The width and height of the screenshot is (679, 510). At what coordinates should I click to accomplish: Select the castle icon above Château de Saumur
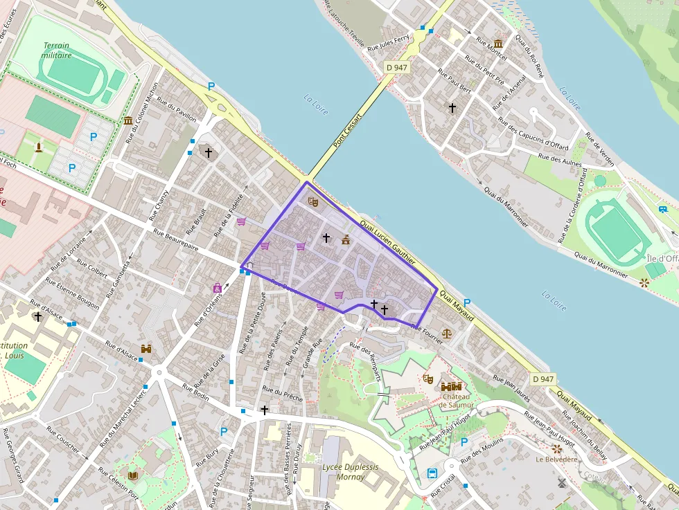pos(451,386)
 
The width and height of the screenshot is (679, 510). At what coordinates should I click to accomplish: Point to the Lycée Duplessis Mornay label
pos(350,471)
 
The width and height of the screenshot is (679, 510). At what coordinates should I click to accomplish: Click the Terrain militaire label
pos(56,51)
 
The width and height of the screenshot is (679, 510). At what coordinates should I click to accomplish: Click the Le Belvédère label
pos(556,459)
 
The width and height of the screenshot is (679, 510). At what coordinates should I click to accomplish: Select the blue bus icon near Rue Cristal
pos(432,474)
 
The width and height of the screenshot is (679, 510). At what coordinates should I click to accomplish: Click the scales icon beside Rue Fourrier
pos(446,332)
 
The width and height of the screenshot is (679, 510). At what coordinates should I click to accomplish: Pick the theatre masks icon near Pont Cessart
pos(312,201)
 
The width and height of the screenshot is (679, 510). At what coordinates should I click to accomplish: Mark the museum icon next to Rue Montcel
pos(499,44)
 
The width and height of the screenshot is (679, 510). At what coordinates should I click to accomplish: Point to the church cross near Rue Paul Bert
pos(452,108)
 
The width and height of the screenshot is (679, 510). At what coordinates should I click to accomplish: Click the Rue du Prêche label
pos(283,396)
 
